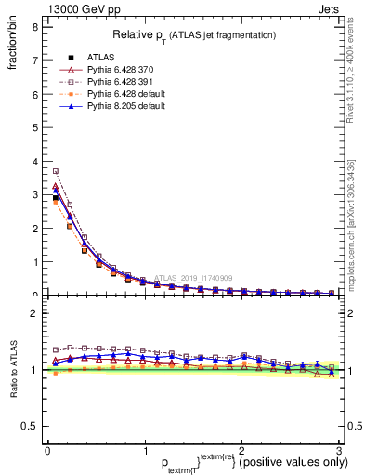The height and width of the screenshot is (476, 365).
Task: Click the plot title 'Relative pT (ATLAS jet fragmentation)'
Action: coord(195,34)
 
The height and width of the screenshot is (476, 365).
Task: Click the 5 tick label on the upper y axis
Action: coord(33,127)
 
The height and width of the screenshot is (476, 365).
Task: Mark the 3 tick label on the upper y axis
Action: coord(33,194)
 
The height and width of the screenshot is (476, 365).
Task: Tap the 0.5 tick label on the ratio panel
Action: coord(30,426)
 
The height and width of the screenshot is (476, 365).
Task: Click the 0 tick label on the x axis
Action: coord(47,451)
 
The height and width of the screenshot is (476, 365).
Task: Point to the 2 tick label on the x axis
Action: coord(241,451)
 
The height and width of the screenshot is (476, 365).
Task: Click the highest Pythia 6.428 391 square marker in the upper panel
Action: coord(56,171)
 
